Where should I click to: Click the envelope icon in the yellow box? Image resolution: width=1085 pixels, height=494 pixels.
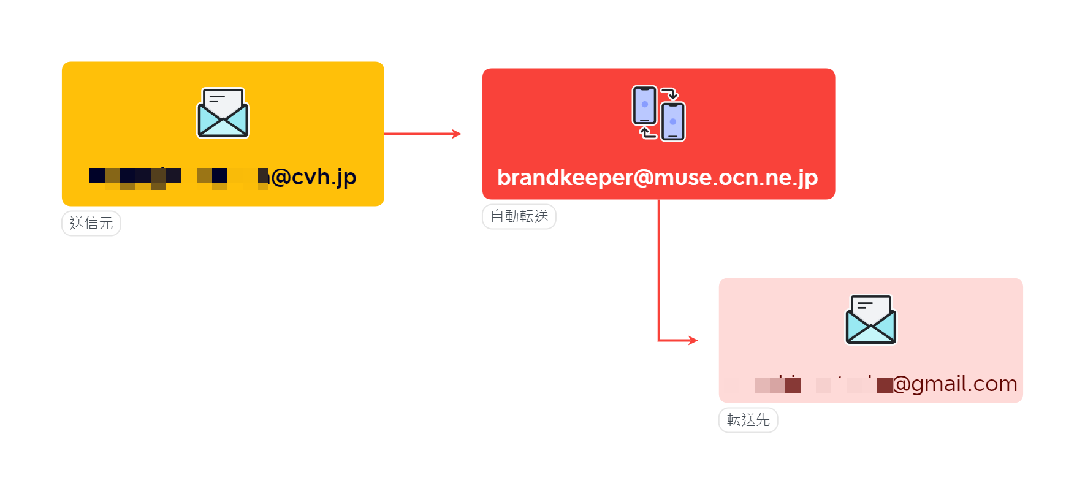[223, 113]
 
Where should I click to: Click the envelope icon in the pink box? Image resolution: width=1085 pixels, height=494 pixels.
[870, 320]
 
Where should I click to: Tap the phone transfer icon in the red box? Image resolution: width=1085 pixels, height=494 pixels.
[658, 113]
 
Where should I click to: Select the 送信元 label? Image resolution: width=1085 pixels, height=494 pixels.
[91, 223]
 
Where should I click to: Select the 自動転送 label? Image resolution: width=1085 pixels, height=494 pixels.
[519, 216]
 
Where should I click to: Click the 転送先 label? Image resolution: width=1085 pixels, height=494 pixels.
[748, 420]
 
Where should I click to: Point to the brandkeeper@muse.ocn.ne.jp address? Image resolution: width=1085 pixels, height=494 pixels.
[657, 178]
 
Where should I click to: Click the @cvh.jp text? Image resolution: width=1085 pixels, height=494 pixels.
[313, 177]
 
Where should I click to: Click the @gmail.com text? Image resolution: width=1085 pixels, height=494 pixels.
[954, 384]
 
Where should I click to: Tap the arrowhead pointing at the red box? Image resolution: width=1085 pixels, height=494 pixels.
[456, 134]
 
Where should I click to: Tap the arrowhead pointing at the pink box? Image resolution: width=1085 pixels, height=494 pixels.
[693, 340]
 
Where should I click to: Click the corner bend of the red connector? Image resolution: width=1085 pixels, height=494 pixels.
[659, 340]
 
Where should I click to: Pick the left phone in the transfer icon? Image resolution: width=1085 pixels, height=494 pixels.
[644, 105]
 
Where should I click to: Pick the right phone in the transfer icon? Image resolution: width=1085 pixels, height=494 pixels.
[673, 122]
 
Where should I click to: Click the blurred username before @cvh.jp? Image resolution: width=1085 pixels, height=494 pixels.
[178, 177]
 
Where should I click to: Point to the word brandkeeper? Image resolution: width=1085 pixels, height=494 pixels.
[565, 178]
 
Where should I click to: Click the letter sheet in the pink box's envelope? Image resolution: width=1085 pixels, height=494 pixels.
[870, 306]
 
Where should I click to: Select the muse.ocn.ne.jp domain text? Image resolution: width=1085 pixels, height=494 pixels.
[736, 178]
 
